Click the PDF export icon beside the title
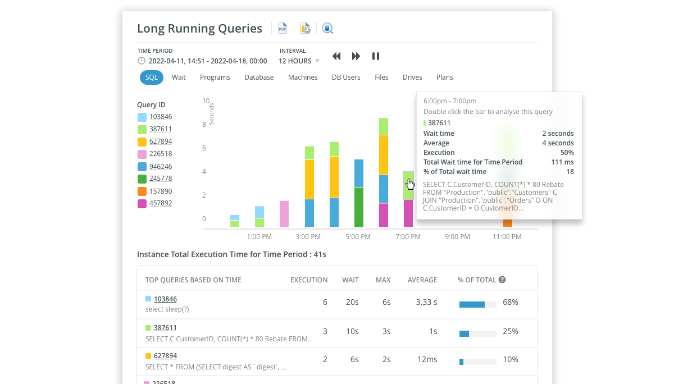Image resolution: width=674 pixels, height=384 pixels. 283,28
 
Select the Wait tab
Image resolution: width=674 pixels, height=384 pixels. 179,77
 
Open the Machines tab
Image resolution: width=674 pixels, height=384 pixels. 303,77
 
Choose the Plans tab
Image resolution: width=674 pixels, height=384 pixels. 444,77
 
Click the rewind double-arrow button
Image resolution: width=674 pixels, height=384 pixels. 336,56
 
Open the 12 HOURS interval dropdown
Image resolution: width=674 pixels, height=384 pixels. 299,61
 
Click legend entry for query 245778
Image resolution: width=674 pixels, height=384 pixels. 161,179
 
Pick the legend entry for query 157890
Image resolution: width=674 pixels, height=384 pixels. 161,191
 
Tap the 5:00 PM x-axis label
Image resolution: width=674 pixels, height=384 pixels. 358,237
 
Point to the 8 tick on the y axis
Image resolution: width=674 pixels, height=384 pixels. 204,125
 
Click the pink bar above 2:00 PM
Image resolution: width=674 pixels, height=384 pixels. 284,213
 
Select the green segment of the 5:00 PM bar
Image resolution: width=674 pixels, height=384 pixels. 358,207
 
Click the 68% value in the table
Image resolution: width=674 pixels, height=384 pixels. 511,303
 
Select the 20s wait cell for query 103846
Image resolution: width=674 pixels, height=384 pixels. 352,303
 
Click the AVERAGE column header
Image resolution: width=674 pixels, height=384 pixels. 422,280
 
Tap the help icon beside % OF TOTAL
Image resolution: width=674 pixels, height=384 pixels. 502,280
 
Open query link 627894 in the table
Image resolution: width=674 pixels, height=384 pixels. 165,356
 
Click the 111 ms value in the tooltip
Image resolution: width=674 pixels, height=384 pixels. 562,162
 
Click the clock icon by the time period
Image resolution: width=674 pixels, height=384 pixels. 142,61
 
